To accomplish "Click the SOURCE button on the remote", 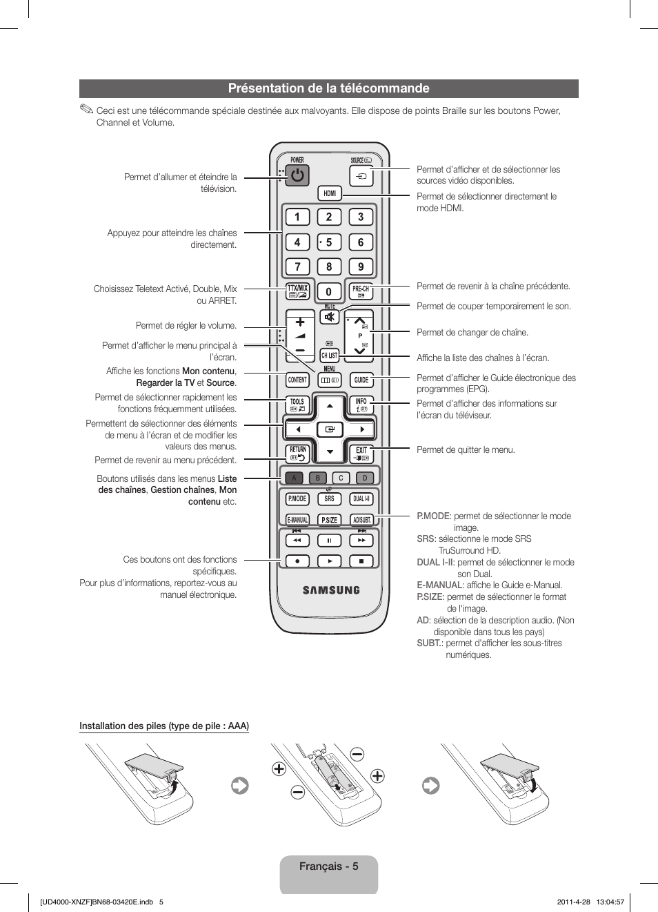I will click(x=361, y=176).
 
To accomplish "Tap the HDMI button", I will click(x=330, y=193).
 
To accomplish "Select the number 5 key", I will click(x=329, y=242).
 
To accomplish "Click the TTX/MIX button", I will click(x=298, y=291).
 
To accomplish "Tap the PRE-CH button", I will click(x=361, y=291).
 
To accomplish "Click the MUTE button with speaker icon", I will click(x=330, y=317).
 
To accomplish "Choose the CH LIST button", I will click(x=330, y=356).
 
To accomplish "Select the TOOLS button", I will click(x=297, y=405).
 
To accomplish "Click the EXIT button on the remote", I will click(x=361, y=453).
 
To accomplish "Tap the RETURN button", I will click(x=298, y=453).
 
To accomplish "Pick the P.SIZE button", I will click(x=330, y=520).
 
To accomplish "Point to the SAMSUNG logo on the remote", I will click(x=331, y=590).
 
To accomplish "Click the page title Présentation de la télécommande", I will click(x=328, y=88).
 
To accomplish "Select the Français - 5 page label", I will click(x=328, y=866).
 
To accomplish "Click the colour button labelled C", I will click(x=341, y=478).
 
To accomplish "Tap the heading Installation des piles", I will click(x=163, y=726).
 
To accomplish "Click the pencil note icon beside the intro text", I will click(x=86, y=109).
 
